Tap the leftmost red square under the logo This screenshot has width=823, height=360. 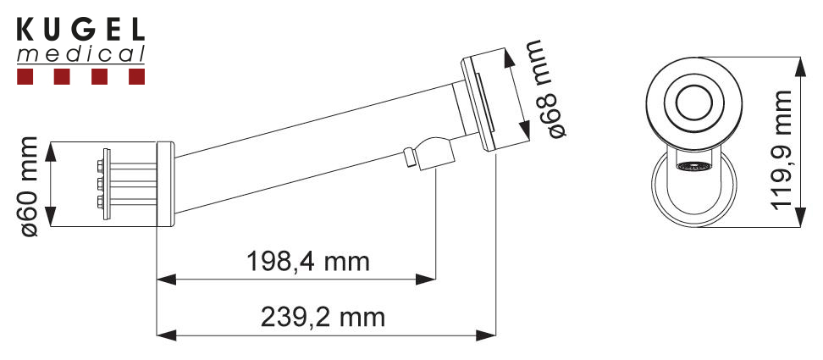(x=25, y=78)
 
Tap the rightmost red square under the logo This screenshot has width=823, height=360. (x=136, y=78)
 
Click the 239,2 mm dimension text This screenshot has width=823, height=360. (x=323, y=318)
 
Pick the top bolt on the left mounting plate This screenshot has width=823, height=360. (x=104, y=163)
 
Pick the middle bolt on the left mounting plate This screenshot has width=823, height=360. (x=104, y=183)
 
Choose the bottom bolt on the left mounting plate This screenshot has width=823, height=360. (x=104, y=202)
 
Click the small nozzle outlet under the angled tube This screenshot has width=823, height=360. (x=410, y=158)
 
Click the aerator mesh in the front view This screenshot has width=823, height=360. (x=693, y=166)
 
